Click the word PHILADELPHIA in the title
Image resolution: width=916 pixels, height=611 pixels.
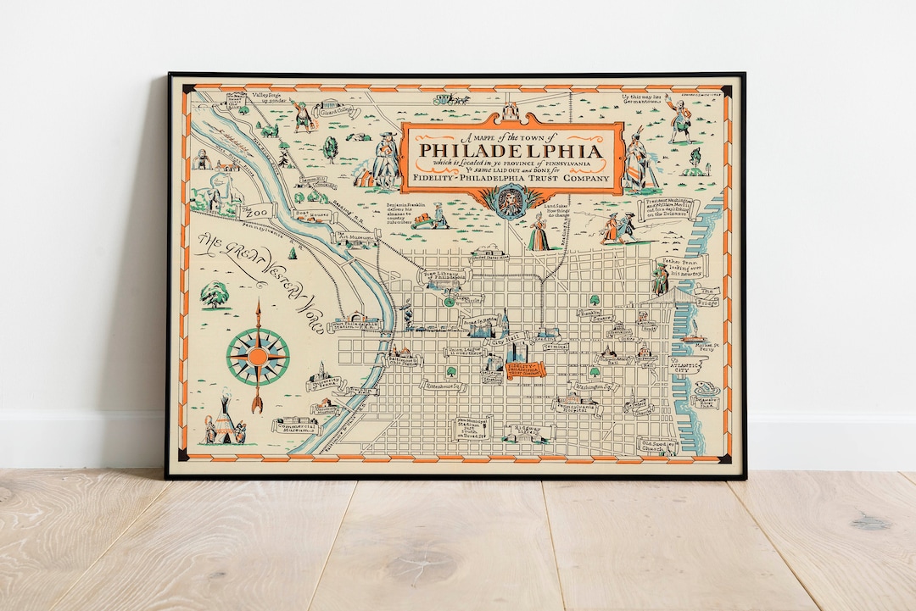point(511,152)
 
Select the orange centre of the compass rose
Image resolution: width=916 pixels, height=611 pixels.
point(258,355)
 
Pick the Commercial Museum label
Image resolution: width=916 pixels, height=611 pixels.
point(296,425)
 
